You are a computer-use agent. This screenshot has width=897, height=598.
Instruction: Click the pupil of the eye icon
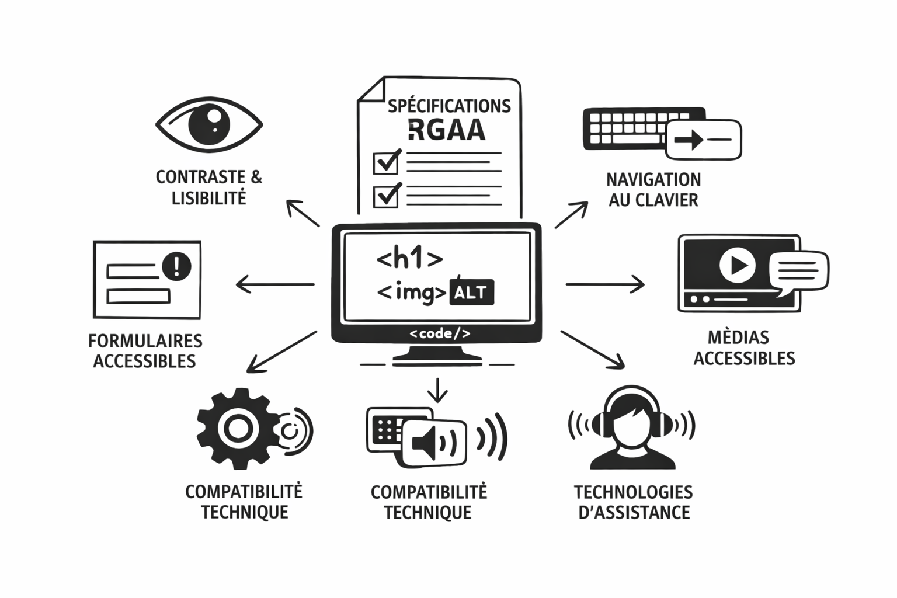[x=209, y=124]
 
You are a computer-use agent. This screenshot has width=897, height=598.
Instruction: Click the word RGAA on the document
[x=447, y=130]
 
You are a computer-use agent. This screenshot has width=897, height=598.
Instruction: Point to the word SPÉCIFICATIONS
[x=449, y=106]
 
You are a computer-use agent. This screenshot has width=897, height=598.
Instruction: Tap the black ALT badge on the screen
[x=471, y=293]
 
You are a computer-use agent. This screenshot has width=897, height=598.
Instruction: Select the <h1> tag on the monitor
[x=409, y=258]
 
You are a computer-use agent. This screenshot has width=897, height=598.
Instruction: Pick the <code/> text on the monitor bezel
[x=439, y=333]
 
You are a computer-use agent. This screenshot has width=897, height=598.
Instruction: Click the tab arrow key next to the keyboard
[x=703, y=140]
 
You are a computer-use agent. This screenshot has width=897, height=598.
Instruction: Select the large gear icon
[x=236, y=429]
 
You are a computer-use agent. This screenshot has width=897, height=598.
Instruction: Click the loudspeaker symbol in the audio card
[x=426, y=443]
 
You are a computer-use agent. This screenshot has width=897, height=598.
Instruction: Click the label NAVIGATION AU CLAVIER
[x=653, y=189]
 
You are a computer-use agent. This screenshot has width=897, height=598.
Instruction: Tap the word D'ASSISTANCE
[x=634, y=512]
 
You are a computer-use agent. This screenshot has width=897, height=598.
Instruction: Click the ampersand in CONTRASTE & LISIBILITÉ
[x=256, y=177]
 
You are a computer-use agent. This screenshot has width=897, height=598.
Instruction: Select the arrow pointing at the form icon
[x=274, y=284]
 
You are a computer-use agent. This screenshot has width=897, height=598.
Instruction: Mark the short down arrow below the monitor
[x=437, y=390]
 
